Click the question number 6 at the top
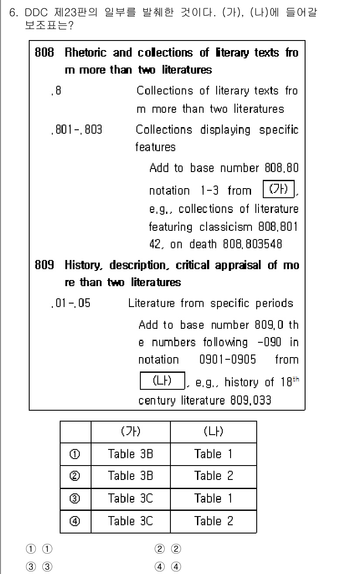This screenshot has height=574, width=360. pyautogui.click(x=13, y=13)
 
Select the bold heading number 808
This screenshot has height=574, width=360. pyautogui.click(x=44, y=53)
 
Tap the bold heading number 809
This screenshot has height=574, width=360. pyautogui.click(x=44, y=265)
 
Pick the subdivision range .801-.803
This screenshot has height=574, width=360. pyautogui.click(x=77, y=130)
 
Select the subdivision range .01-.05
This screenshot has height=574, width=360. pyautogui.click(x=70, y=303)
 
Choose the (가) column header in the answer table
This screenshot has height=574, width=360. pyautogui.click(x=130, y=432)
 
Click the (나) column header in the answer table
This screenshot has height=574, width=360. pyautogui.click(x=213, y=432)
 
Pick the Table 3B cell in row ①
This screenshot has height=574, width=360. pyautogui.click(x=130, y=454)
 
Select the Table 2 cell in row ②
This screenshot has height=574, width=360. pyautogui.click(x=213, y=476)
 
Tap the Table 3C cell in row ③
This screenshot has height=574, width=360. pyautogui.click(x=130, y=498)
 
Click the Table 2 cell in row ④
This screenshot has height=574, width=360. pyautogui.click(x=213, y=520)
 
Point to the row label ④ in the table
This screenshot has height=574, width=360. pyautogui.click(x=75, y=520)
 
